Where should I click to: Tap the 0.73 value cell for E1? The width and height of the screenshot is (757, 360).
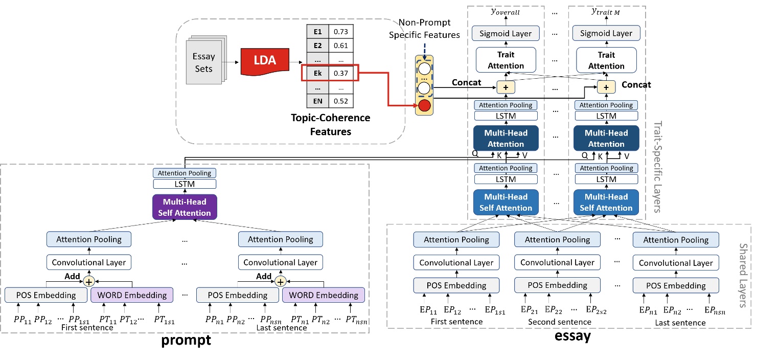tap(340, 32)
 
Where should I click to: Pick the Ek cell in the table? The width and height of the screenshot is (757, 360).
tap(318, 74)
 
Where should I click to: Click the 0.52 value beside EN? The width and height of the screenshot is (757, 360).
tap(340, 101)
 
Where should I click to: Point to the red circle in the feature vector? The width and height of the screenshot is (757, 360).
tap(424, 106)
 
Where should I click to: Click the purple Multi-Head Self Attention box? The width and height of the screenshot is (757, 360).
tap(184, 207)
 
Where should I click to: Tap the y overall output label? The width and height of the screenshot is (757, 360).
tap(506, 12)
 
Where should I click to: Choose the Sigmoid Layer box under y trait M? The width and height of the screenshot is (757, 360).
tap(606, 34)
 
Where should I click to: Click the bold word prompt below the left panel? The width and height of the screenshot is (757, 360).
tap(186, 340)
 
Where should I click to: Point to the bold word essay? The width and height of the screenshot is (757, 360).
tap(572, 335)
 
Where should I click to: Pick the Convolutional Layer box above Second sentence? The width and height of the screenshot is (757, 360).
tap(558, 262)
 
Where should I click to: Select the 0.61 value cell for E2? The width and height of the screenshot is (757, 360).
tap(340, 46)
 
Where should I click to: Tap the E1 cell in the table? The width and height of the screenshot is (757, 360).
tap(318, 32)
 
